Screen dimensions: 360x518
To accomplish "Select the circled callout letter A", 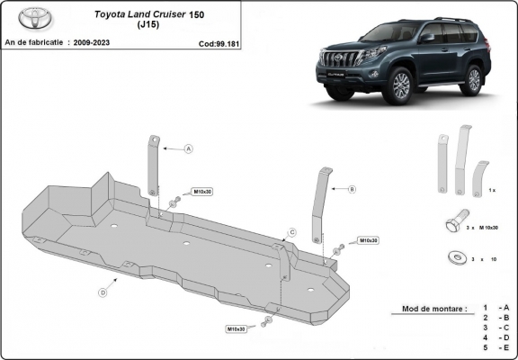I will pos(190,148).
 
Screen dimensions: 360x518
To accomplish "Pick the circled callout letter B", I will pos(352,189).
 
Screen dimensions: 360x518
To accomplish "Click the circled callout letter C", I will pos(291,233).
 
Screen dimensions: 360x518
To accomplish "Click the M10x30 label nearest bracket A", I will pos(202,192).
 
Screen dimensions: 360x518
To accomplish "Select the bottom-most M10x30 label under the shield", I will pos(236,329).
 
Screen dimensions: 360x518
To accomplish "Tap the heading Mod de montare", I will pos(428,309).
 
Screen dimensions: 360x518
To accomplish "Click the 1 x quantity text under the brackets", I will pos(490,191).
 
